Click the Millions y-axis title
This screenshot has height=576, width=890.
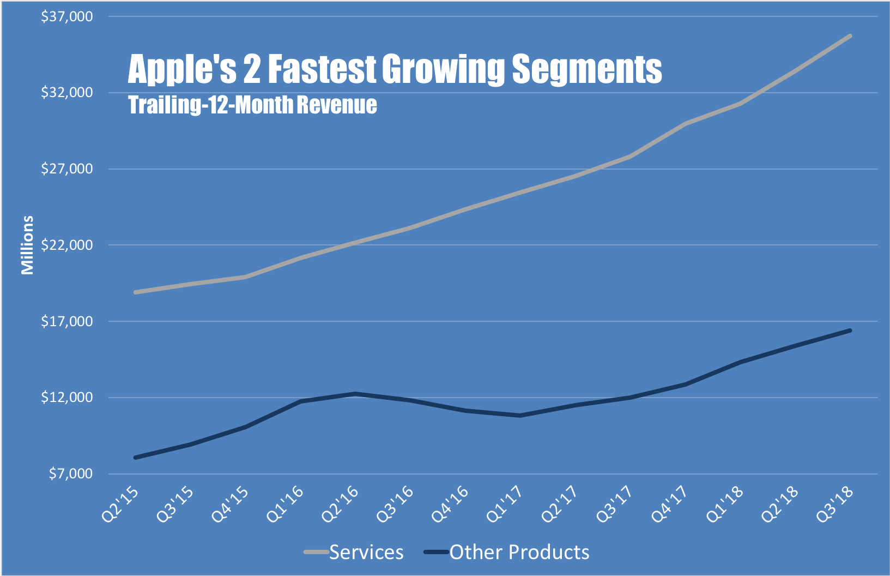(x=27, y=245)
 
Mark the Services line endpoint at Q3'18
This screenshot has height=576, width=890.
(x=850, y=36)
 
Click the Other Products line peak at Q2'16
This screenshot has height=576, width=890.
(x=355, y=393)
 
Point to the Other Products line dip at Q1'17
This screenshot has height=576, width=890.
(x=520, y=416)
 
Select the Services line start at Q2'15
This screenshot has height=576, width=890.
(x=135, y=292)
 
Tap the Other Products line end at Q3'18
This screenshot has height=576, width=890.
(x=850, y=331)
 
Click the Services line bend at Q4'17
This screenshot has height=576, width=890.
(x=685, y=124)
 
